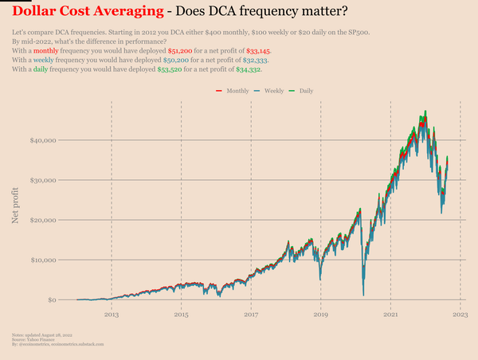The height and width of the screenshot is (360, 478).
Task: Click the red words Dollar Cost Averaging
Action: (87, 12)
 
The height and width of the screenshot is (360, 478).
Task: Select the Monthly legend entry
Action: (233, 92)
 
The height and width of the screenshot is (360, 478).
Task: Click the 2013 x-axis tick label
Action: (111, 315)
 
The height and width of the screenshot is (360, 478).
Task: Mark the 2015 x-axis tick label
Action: (181, 315)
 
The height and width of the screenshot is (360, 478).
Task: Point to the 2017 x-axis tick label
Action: (251, 315)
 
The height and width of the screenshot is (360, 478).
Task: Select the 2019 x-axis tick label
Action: (321, 315)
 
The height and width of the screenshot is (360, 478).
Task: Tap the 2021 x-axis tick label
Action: (391, 315)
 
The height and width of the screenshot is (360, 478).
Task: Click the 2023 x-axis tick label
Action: (460, 315)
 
